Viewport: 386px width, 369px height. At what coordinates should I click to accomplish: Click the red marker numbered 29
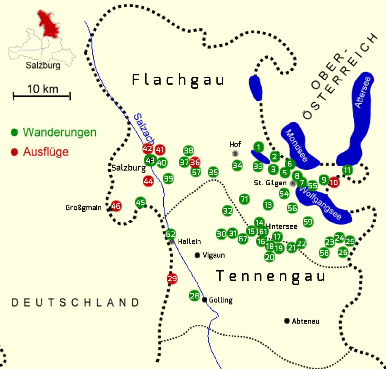[172, 279]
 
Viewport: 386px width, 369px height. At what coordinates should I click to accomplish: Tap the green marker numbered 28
[195, 296]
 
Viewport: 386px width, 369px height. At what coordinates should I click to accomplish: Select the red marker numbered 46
[116, 206]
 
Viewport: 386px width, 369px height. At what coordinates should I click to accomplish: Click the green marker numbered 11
[347, 170]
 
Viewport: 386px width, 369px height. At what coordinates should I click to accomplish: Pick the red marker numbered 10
[334, 183]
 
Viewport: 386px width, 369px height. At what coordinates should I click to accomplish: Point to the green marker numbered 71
[244, 199]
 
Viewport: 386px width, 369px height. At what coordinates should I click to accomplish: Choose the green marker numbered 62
[170, 234]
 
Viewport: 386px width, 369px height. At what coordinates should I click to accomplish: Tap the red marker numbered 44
[148, 181]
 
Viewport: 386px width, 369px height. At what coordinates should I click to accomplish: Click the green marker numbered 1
[259, 147]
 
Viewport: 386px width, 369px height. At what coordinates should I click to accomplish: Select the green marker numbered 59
[308, 222]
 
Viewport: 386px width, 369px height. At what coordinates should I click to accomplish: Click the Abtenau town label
[306, 321]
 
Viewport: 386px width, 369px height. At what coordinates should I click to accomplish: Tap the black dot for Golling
[204, 300]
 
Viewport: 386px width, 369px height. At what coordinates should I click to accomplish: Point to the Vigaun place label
[214, 255]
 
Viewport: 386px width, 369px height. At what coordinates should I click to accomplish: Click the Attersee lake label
[362, 92]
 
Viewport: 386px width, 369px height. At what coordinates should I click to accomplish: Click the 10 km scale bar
[42, 96]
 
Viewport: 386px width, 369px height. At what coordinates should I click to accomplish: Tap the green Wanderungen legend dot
[14, 132]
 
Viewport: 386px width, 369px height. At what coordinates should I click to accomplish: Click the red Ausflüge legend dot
[14, 152]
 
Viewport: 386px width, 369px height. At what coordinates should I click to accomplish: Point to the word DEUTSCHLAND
[76, 302]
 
